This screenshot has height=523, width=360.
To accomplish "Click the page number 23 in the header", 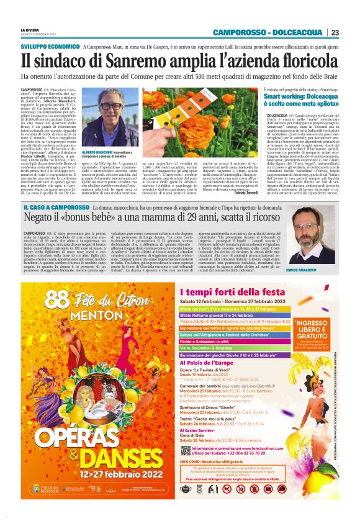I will point(335,32).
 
